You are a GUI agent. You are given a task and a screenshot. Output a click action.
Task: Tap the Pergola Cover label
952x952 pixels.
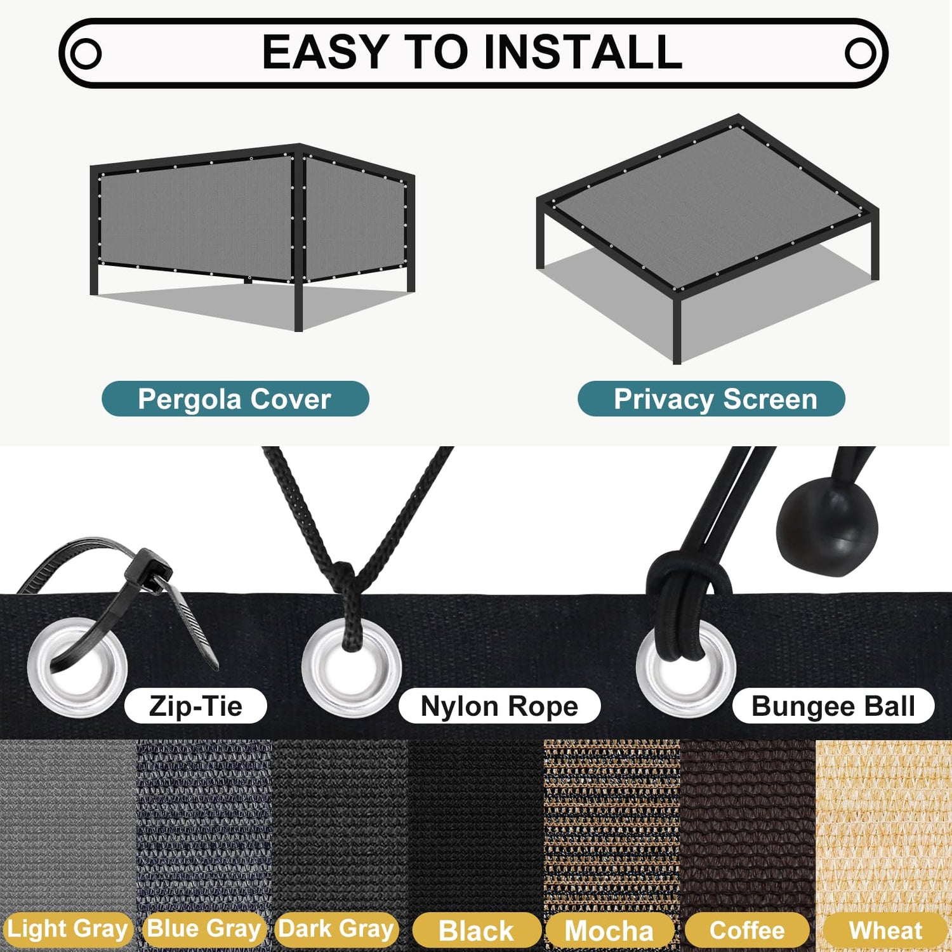coord(235,399)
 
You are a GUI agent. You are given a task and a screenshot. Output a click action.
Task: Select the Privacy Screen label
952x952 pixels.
coord(711,399)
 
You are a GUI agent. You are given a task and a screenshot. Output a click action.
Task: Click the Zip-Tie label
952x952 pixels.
coord(195,706)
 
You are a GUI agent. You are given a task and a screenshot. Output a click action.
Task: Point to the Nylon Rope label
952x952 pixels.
coord(499,706)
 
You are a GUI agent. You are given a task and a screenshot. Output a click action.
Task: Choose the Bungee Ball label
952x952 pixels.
coord(833,706)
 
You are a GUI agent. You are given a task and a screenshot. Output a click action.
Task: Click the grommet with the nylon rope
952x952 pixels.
coord(352,668)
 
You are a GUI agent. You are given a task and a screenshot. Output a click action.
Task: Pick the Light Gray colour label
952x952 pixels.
coord(67,929)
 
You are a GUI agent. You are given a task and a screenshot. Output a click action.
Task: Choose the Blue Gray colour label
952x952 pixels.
coord(204,929)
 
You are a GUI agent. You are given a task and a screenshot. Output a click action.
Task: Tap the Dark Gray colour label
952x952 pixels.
coord(336,929)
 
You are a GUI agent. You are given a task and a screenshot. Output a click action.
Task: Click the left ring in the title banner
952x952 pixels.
coord(85,53)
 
